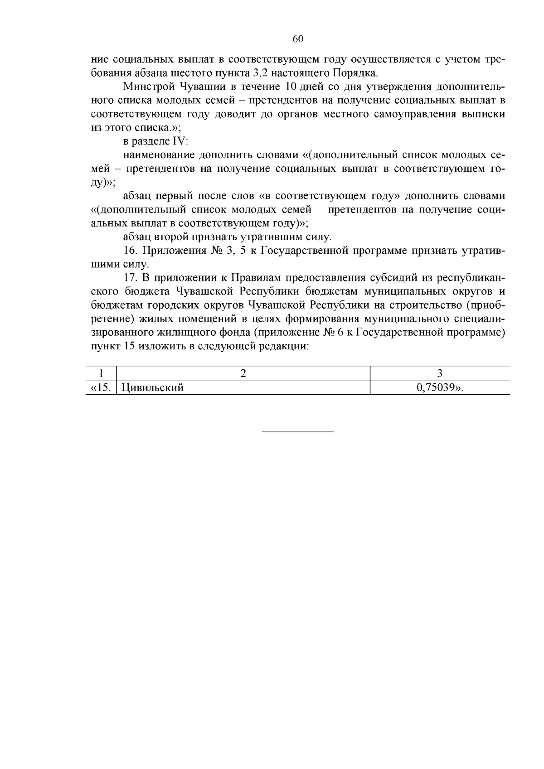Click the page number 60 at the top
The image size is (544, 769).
point(298,39)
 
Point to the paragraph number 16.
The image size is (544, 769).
point(130,251)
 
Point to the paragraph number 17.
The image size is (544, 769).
point(130,278)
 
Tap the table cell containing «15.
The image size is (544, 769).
point(101,387)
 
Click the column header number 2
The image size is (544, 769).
point(243,373)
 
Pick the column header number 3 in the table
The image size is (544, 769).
point(439,373)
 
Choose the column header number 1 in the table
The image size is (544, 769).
point(101,373)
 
